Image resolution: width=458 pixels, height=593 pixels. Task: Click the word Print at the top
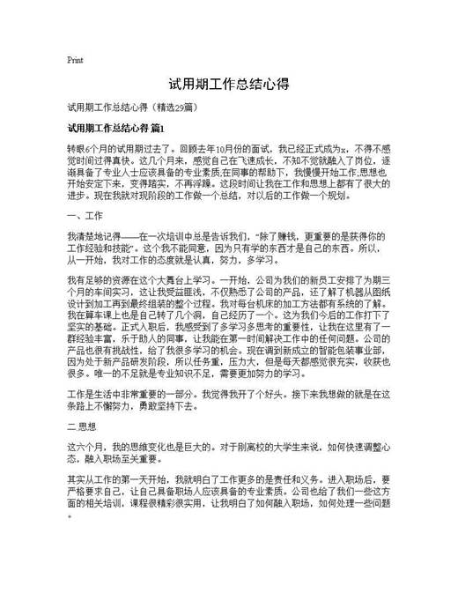point(75,60)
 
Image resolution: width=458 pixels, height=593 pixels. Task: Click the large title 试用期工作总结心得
point(229,85)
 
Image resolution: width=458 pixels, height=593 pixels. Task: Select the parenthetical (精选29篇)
point(180,108)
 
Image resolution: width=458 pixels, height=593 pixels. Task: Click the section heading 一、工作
point(85,215)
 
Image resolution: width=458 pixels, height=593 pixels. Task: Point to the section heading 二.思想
point(85,426)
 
